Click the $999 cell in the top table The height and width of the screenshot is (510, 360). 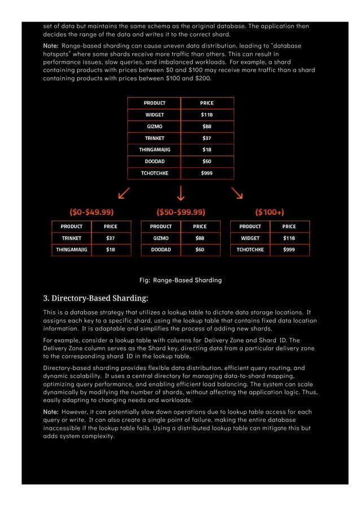pyautogui.click(x=207, y=173)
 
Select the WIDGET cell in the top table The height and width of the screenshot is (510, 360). pyautogui.click(x=154, y=115)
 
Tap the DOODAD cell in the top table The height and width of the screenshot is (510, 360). pyautogui.click(x=154, y=162)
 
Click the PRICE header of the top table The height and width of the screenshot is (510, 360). pyautogui.click(x=207, y=103)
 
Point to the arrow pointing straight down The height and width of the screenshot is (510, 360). pyautogui.click(x=181, y=193)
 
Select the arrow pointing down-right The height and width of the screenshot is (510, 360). pyautogui.click(x=237, y=193)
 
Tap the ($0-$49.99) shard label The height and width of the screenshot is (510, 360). pyautogui.click(x=91, y=212)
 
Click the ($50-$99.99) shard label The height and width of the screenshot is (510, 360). pyautogui.click(x=181, y=212)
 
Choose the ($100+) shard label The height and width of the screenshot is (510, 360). pyautogui.click(x=270, y=212)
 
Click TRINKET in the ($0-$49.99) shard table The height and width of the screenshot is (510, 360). pyautogui.click(x=72, y=238)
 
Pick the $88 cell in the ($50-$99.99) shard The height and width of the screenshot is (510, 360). pyautogui.click(x=200, y=238)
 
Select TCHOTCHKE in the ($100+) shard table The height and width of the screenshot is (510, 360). pyautogui.click(x=250, y=249)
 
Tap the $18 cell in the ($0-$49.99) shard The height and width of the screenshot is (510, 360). pyautogui.click(x=111, y=249)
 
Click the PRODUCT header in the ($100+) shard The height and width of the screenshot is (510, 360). pyautogui.click(x=250, y=226)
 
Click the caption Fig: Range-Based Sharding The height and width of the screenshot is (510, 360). pyautogui.click(x=180, y=280)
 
